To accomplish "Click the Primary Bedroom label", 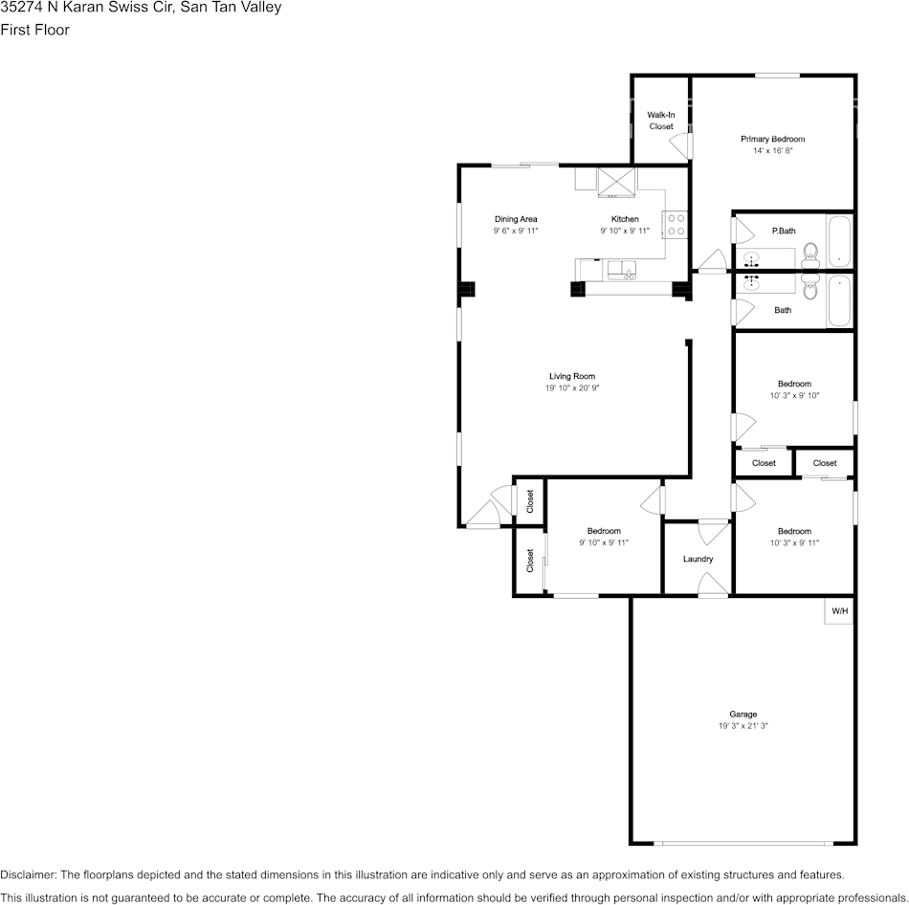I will [772, 140].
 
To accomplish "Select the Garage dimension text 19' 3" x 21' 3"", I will [743, 726].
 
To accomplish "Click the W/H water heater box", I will [838, 611].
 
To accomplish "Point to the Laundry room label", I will [698, 559].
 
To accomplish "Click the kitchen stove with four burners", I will [676, 224].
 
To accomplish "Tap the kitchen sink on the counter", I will [622, 269].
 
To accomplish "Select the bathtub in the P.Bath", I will [838, 241].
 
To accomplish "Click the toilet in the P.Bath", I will [810, 254].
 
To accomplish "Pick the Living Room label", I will [572, 376].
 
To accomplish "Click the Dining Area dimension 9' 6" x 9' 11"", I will [516, 232].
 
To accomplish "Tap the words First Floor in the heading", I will [35, 30].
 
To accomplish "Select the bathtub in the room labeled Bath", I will [838, 300].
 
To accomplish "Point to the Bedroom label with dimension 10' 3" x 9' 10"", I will [794, 384].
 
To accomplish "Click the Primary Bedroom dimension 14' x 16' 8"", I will [772, 151].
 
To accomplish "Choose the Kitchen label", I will [625, 219].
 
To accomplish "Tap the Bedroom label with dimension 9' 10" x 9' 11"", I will [604, 531].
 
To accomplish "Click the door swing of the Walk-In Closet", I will [680, 146].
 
